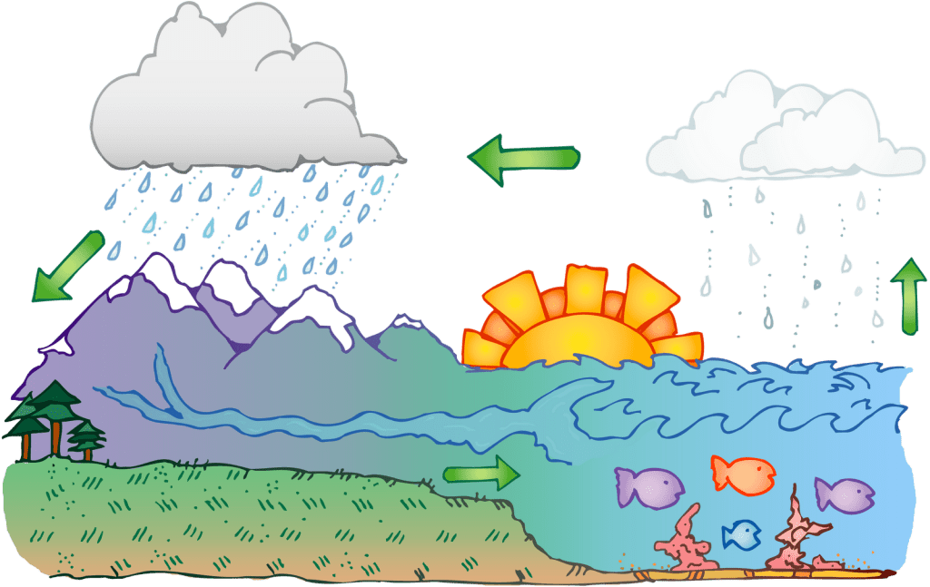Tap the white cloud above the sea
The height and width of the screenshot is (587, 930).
click(x=781, y=136)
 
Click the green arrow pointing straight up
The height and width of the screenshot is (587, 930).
click(x=905, y=296)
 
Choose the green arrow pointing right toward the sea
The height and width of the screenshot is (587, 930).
click(x=481, y=473)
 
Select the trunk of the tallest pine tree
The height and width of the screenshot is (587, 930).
click(x=56, y=441)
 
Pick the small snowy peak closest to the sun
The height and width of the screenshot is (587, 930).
click(x=407, y=321)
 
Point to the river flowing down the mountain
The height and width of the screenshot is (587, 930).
click(x=168, y=381)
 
